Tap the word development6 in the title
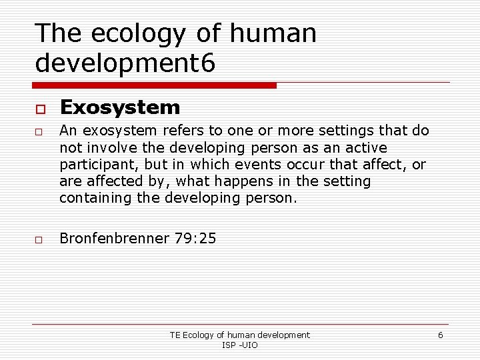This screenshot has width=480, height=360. click(125, 63)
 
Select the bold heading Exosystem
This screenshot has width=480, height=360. click(120, 107)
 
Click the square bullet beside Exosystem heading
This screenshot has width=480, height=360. click(40, 109)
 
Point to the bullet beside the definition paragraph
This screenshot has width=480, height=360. click(40, 131)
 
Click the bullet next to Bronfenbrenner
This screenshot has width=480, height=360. click(40, 239)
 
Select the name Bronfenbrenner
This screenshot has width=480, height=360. click(114, 238)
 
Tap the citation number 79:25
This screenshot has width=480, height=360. click(195, 238)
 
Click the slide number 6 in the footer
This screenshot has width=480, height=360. click(440, 335)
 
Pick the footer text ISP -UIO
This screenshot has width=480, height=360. click(240, 345)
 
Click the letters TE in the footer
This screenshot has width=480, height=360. click(175, 335)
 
